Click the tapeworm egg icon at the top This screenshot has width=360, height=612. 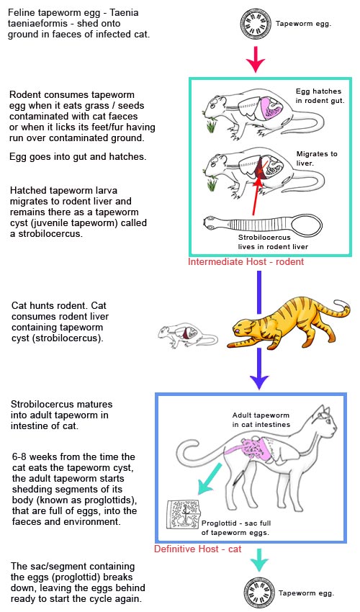tap(257, 24)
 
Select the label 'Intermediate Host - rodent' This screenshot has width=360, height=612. tap(246, 262)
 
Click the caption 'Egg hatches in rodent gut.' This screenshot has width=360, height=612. tap(320, 96)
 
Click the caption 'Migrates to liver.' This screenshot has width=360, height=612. tap(317, 158)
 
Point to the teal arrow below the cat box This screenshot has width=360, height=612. tap(257, 561)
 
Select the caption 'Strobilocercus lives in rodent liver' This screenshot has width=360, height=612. tap(277, 241)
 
